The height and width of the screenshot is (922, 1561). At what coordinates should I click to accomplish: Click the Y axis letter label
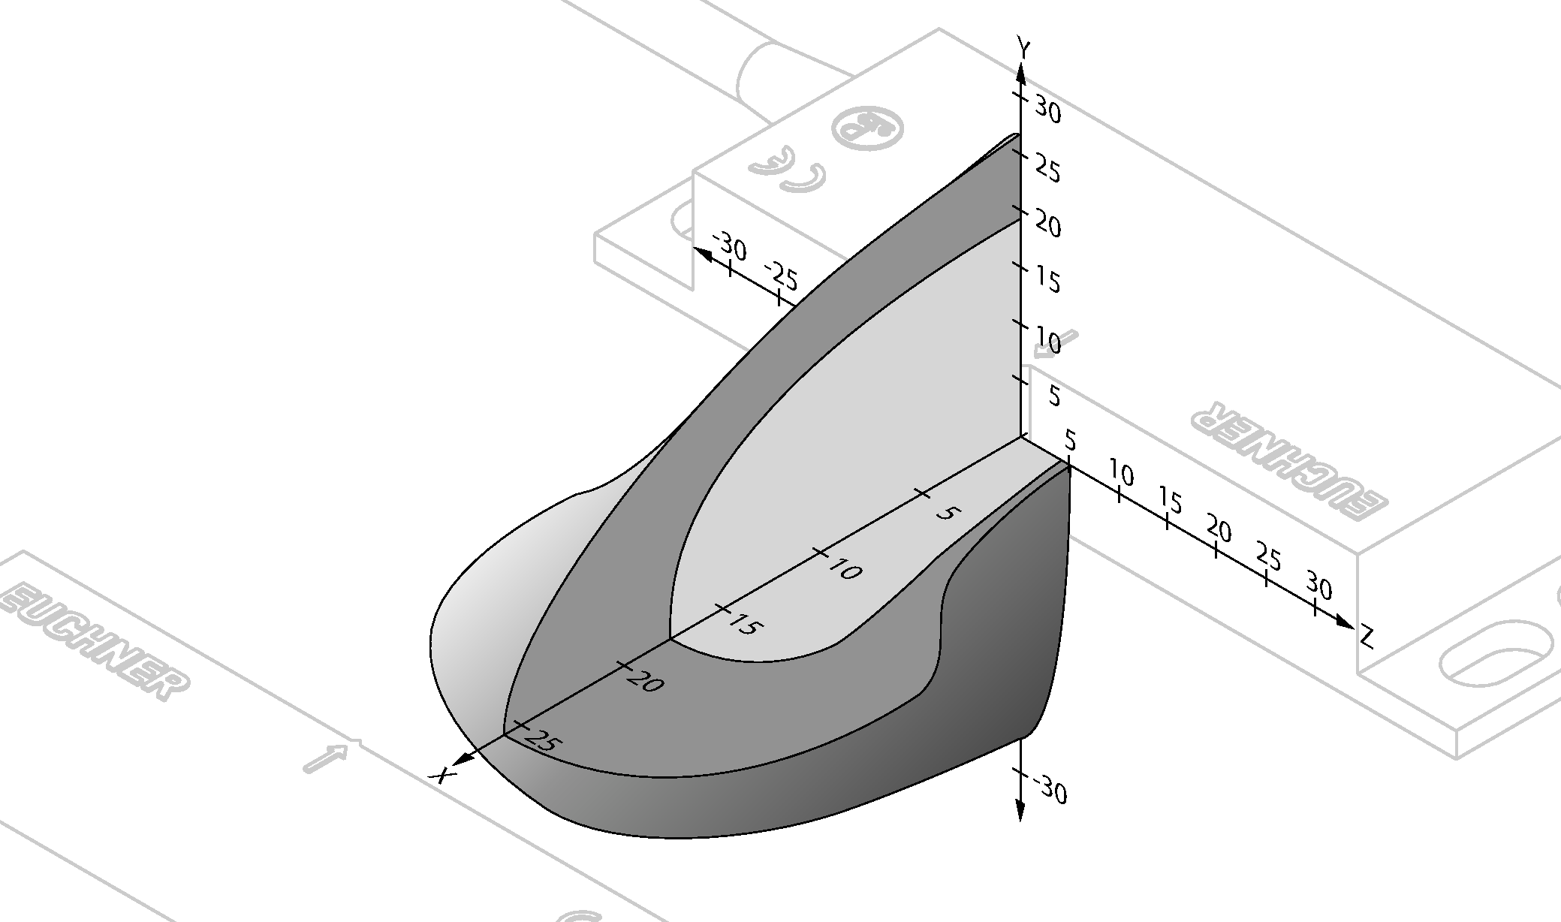click(x=1023, y=47)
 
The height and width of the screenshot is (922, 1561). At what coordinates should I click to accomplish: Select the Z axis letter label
click(x=1367, y=638)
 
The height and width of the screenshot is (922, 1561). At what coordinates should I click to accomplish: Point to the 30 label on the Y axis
click(x=1048, y=110)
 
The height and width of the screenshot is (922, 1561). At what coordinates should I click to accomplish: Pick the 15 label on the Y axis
click(x=1048, y=282)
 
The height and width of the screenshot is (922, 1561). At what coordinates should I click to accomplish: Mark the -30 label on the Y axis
click(x=1050, y=791)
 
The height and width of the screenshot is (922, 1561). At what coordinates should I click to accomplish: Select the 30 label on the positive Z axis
click(x=1319, y=586)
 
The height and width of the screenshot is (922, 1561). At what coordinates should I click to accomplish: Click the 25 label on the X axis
click(x=543, y=742)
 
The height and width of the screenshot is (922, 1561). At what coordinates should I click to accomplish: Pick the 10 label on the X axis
click(x=845, y=570)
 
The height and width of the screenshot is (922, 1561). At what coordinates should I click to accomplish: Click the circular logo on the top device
click(x=869, y=128)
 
